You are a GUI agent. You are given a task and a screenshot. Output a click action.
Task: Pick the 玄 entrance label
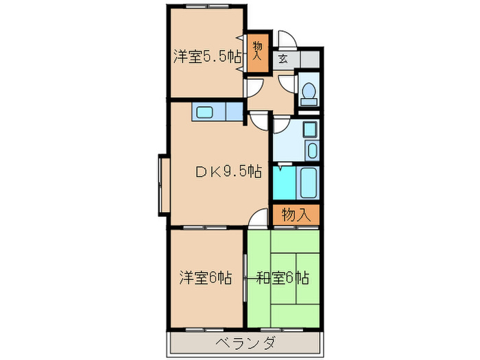point(283,59)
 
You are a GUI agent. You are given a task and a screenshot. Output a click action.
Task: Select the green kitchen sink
point(205,112)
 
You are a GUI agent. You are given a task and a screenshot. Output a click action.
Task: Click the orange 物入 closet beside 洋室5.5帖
point(257,53)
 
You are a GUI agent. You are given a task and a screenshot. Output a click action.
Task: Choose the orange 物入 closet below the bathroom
point(296,215)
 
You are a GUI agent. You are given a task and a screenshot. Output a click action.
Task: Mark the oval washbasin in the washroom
point(312,150)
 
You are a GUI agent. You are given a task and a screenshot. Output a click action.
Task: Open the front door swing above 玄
point(287,40)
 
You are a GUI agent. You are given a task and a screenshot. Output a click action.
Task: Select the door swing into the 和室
point(258,219)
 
